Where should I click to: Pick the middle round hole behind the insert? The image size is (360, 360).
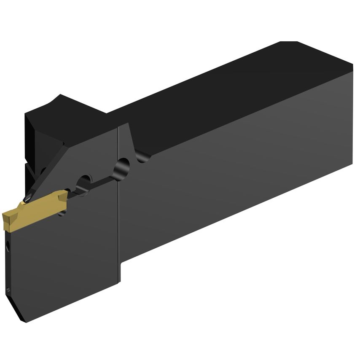[84, 182]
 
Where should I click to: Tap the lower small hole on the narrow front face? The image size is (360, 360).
[9, 289]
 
